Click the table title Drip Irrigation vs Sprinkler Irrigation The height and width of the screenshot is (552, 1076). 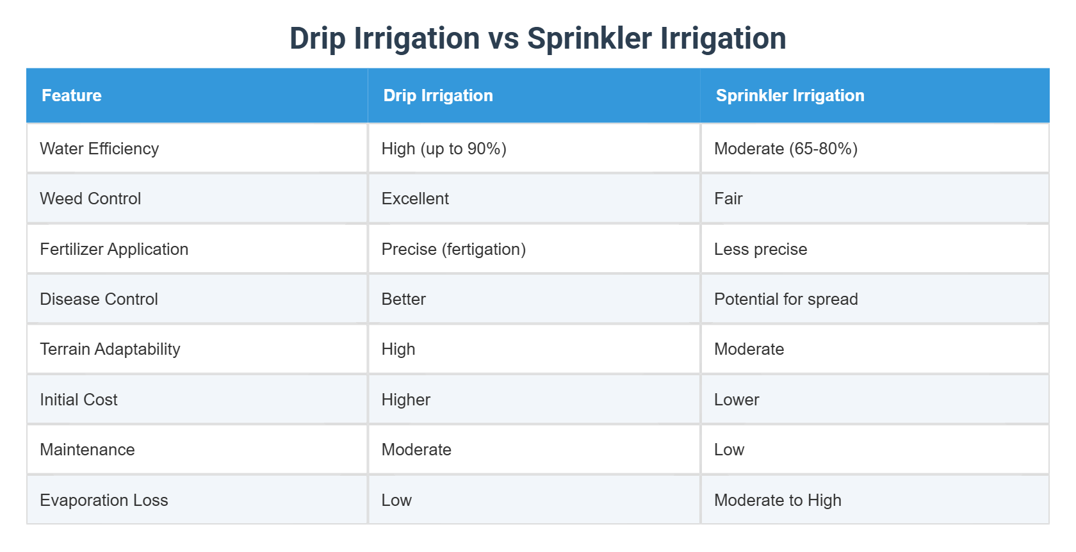(x=537, y=38)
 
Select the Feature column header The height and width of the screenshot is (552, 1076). (x=72, y=95)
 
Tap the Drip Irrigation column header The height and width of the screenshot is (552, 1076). (x=438, y=95)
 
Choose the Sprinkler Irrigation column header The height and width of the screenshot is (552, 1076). (x=790, y=95)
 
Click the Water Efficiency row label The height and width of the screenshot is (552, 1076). (x=99, y=149)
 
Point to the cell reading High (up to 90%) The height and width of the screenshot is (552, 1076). (x=444, y=149)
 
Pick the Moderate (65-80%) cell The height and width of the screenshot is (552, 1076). (x=785, y=149)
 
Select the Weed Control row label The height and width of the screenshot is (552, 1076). (x=90, y=199)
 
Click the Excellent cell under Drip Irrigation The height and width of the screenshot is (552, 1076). (x=415, y=199)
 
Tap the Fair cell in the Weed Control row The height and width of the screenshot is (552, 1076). (x=728, y=199)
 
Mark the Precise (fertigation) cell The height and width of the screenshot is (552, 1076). (x=453, y=249)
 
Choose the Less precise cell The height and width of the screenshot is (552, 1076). (x=760, y=249)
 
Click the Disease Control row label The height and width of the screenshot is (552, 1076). (x=99, y=299)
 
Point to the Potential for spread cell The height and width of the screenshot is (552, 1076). (x=786, y=299)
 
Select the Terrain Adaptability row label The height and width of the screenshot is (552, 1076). (x=110, y=349)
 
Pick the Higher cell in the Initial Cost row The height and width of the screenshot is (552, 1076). (x=406, y=400)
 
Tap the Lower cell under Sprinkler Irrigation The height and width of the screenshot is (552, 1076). (x=737, y=400)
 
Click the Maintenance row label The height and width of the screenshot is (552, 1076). (x=87, y=450)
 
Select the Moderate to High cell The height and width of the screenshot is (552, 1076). (x=778, y=500)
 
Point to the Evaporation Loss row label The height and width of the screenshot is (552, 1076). (x=104, y=500)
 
